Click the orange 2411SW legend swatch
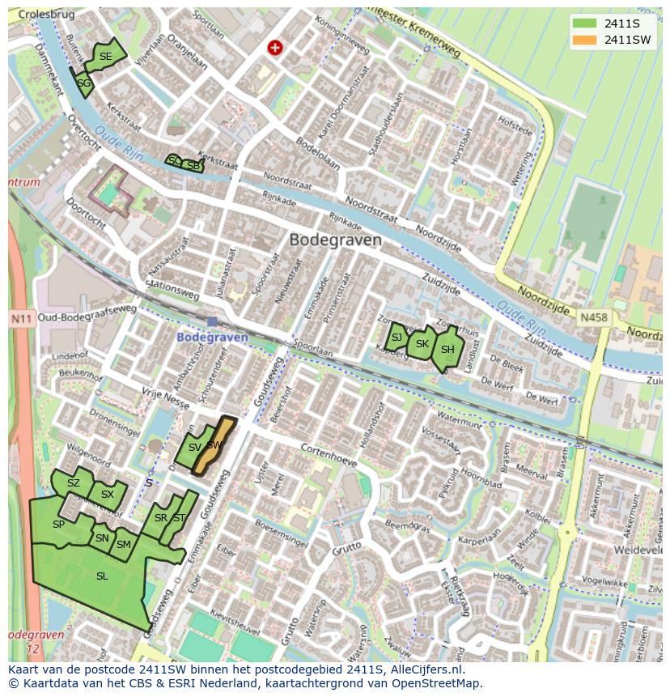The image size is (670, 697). pyautogui.click(x=584, y=40)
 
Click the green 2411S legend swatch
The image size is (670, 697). pyautogui.click(x=584, y=23)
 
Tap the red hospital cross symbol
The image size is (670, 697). pyautogui.click(x=275, y=49)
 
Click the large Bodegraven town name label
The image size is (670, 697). pyautogui.click(x=335, y=240)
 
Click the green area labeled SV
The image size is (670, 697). pyautogui.click(x=193, y=448)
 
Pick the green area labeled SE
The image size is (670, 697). pyautogui.click(x=105, y=56)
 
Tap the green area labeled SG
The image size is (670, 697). pyautogui.click(x=83, y=83)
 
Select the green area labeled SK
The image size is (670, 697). pyautogui.click(x=422, y=344)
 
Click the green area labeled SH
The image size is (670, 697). pyautogui.click(x=447, y=350)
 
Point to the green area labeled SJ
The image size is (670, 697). pyautogui.click(x=396, y=338)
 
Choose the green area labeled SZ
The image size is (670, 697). pyautogui.click(x=73, y=483)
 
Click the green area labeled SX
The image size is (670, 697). pyautogui.click(x=108, y=495)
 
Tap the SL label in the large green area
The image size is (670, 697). pyautogui.click(x=102, y=576)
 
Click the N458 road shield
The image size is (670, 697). pyautogui.click(x=594, y=318)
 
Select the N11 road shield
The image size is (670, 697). pyautogui.click(x=20, y=319)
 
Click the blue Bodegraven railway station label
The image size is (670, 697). pyautogui.click(x=212, y=337)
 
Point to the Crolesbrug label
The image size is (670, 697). pyautogui.click(x=40, y=15)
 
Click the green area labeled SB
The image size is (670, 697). pyautogui.click(x=193, y=166)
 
